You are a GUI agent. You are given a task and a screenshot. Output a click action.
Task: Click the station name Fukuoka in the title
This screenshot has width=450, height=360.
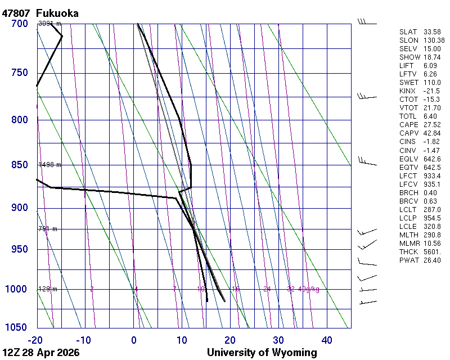click(x=57, y=13)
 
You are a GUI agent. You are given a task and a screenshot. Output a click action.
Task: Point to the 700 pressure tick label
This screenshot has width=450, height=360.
click(x=19, y=24)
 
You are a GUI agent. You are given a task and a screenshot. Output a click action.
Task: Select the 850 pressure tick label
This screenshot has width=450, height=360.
click(x=19, y=165)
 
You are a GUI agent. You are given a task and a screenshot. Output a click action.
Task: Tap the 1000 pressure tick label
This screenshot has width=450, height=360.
click(x=17, y=289)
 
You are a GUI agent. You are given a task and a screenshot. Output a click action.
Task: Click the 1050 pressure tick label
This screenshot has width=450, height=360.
click(x=17, y=328)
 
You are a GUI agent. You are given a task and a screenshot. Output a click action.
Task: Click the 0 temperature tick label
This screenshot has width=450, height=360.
click(x=134, y=340)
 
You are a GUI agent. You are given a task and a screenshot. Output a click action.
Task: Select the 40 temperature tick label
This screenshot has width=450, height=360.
click(x=327, y=340)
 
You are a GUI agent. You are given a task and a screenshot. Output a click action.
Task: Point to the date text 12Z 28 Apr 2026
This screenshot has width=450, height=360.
click(x=41, y=353)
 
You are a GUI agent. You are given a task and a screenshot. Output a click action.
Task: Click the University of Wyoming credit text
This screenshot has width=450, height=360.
click(x=262, y=353)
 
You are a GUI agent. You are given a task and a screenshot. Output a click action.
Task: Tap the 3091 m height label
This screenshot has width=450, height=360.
click(x=49, y=24)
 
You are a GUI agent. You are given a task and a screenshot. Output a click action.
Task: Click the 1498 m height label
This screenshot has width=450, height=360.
click(x=49, y=165)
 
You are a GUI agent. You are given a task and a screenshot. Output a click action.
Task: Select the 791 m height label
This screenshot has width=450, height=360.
click(x=48, y=229)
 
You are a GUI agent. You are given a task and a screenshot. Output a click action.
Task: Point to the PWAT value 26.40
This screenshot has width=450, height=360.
click(x=432, y=260)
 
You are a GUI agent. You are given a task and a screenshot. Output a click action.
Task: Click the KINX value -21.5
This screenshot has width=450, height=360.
click(x=432, y=91)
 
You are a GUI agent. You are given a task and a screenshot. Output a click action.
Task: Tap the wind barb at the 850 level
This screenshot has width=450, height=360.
click(x=367, y=163)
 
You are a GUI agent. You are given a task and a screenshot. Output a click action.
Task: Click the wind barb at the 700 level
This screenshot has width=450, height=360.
click(x=367, y=22)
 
